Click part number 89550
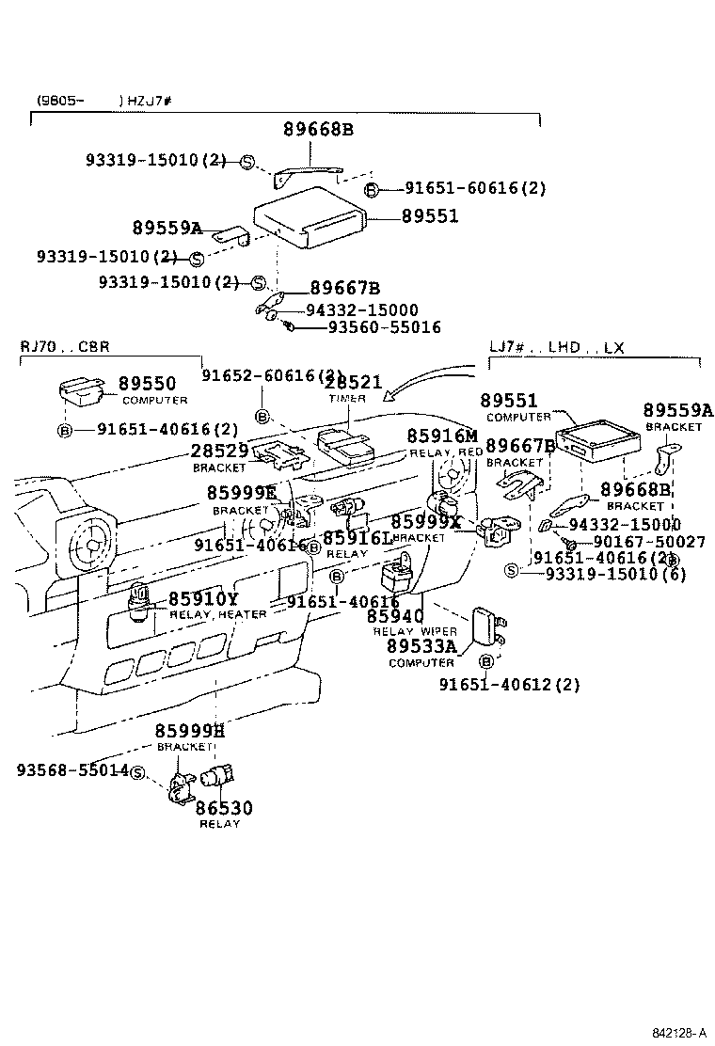[147, 384]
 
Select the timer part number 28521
[353, 382]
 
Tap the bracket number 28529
[219, 452]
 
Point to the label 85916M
[442, 436]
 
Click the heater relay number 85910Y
[203, 599]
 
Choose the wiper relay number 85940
[395, 616]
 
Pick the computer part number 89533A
[421, 646]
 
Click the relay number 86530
[224, 808]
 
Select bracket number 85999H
[190, 731]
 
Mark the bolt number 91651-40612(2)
[509, 685]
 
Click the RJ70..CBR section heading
[65, 346]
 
